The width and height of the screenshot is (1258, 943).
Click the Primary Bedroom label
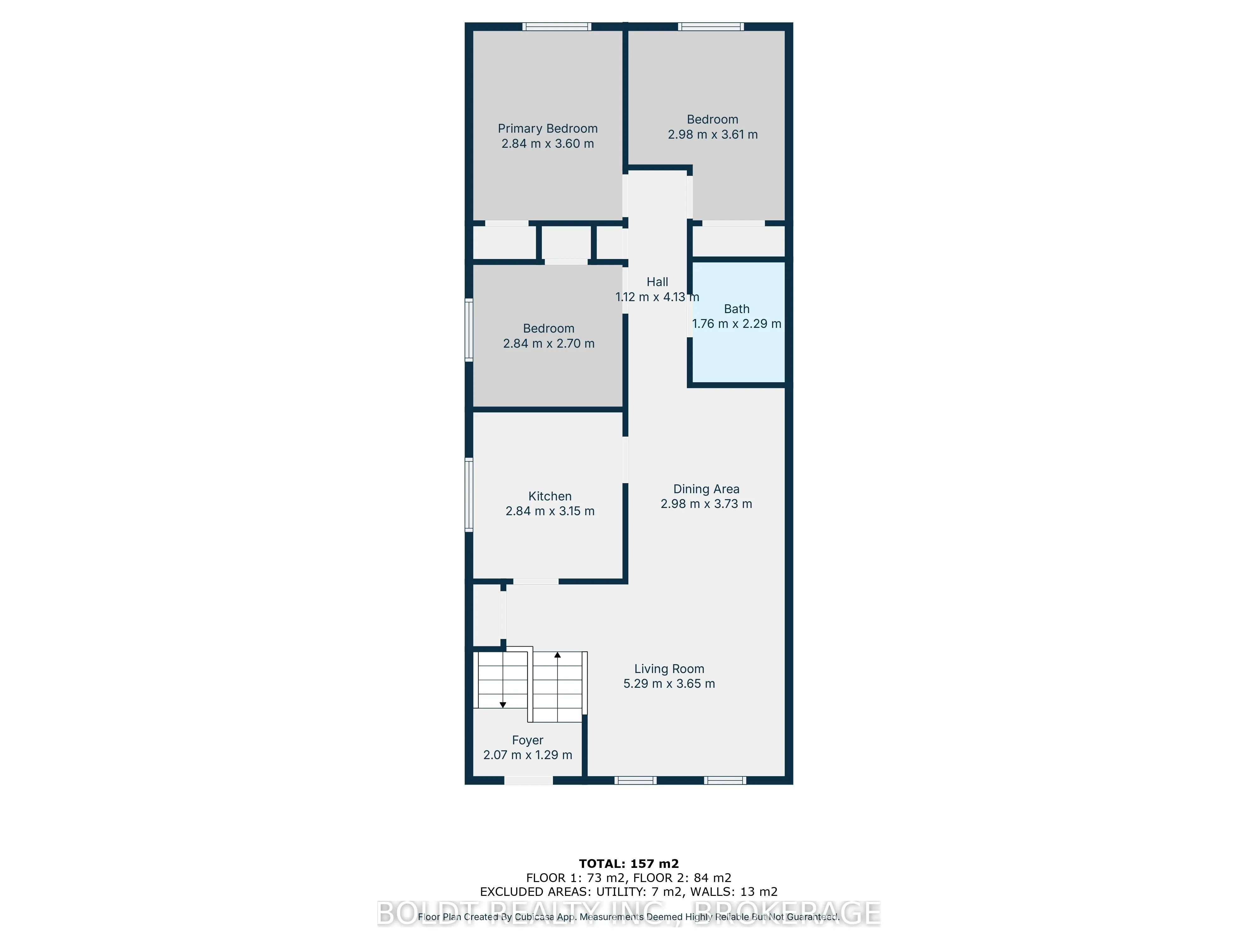point(547,129)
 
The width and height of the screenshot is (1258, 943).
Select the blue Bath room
point(738,352)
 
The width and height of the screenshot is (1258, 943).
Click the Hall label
point(657,282)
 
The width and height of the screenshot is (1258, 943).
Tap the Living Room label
point(669,669)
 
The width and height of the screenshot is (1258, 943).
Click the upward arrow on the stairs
point(557,655)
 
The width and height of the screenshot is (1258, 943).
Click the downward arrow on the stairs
point(503,705)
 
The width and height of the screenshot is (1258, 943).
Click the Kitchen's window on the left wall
point(469,494)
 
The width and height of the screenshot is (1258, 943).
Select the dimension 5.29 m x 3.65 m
point(669,684)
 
